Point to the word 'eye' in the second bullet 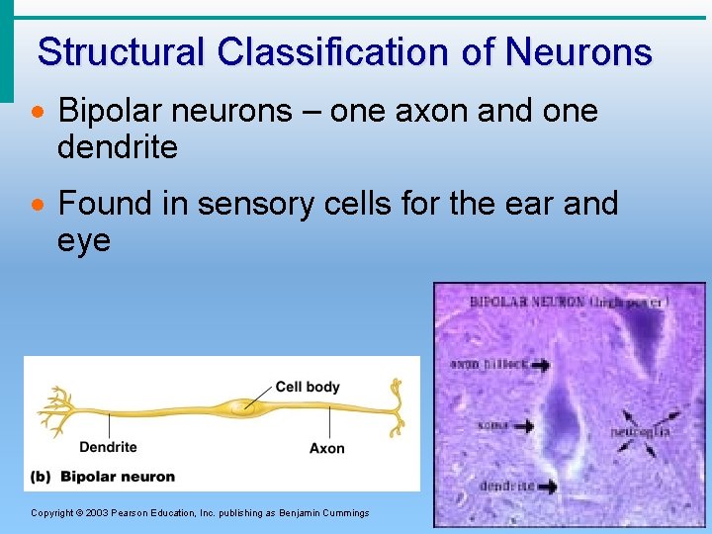84,240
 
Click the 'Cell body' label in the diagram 308,387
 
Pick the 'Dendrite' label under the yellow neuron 108,447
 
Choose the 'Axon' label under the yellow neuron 326,448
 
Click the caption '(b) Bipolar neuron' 103,477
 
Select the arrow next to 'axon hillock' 539,365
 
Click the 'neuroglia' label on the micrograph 640,432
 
